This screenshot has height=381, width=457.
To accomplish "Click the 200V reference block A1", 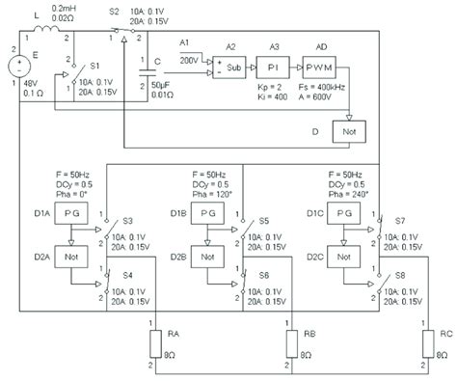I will tap(189, 60).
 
